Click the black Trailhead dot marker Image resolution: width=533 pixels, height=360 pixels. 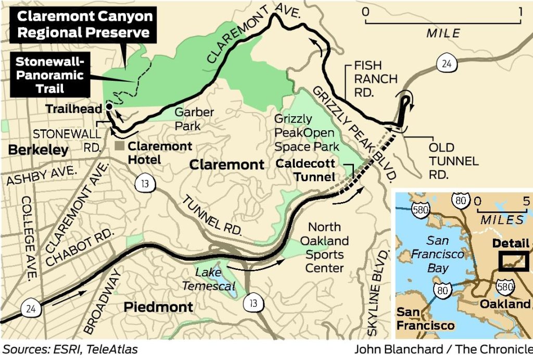pyautogui.click(x=109, y=106)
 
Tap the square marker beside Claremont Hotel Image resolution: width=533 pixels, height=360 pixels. pyautogui.click(x=120, y=146)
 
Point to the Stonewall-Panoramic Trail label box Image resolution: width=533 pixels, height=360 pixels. pyautogui.click(x=49, y=75)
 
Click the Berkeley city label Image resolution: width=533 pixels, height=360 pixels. pyautogui.click(x=38, y=151)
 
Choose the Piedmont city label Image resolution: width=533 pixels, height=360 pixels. pyautogui.click(x=158, y=307)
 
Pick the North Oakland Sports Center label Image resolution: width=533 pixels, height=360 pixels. pyautogui.click(x=324, y=247)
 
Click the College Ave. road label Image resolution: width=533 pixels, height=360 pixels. pyautogui.click(x=29, y=237)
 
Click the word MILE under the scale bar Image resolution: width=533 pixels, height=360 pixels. pyautogui.click(x=443, y=33)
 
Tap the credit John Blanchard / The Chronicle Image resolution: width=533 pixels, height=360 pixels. pyautogui.click(x=443, y=349)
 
